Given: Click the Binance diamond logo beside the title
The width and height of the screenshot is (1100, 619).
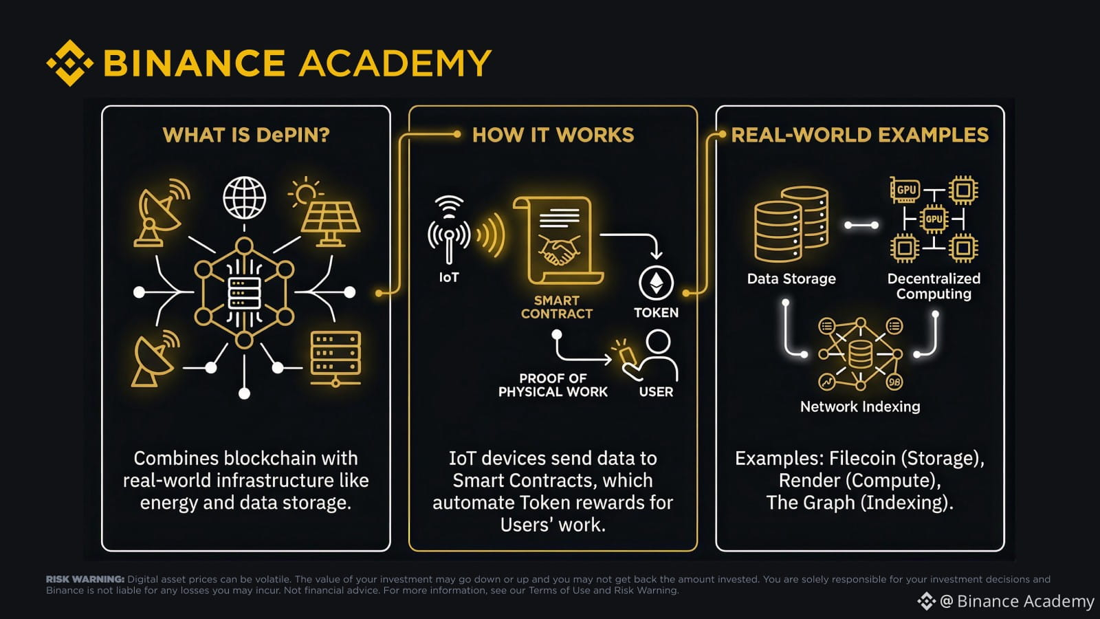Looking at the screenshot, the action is pyautogui.click(x=69, y=63).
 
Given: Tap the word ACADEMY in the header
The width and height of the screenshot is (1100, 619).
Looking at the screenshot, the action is pyautogui.click(x=395, y=63).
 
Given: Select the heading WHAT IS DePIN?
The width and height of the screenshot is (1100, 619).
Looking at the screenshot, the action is pyautogui.click(x=246, y=135).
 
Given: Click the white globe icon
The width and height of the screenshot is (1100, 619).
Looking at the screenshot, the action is pyautogui.click(x=244, y=198).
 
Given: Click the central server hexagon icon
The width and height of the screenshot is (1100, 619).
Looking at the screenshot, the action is pyautogui.click(x=244, y=293).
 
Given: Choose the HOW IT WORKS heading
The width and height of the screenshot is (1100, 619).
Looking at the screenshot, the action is pyautogui.click(x=553, y=135).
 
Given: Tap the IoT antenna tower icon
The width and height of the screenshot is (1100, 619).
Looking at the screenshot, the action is pyautogui.click(x=449, y=231).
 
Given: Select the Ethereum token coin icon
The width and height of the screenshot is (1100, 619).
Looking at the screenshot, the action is pyautogui.click(x=656, y=283).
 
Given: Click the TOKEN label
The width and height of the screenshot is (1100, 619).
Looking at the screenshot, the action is pyautogui.click(x=656, y=312).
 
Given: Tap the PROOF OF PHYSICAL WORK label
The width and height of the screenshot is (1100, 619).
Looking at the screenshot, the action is pyautogui.click(x=553, y=385).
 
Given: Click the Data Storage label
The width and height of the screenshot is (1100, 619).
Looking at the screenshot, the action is pyautogui.click(x=791, y=279).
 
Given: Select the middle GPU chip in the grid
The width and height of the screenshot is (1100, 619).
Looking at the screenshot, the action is pyautogui.click(x=934, y=219).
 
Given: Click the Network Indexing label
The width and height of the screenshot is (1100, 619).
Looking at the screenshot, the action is pyautogui.click(x=860, y=406).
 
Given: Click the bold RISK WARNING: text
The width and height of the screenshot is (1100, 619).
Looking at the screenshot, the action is pyautogui.click(x=85, y=579).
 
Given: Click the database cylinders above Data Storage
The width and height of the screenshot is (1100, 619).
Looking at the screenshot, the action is pyautogui.click(x=791, y=224).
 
